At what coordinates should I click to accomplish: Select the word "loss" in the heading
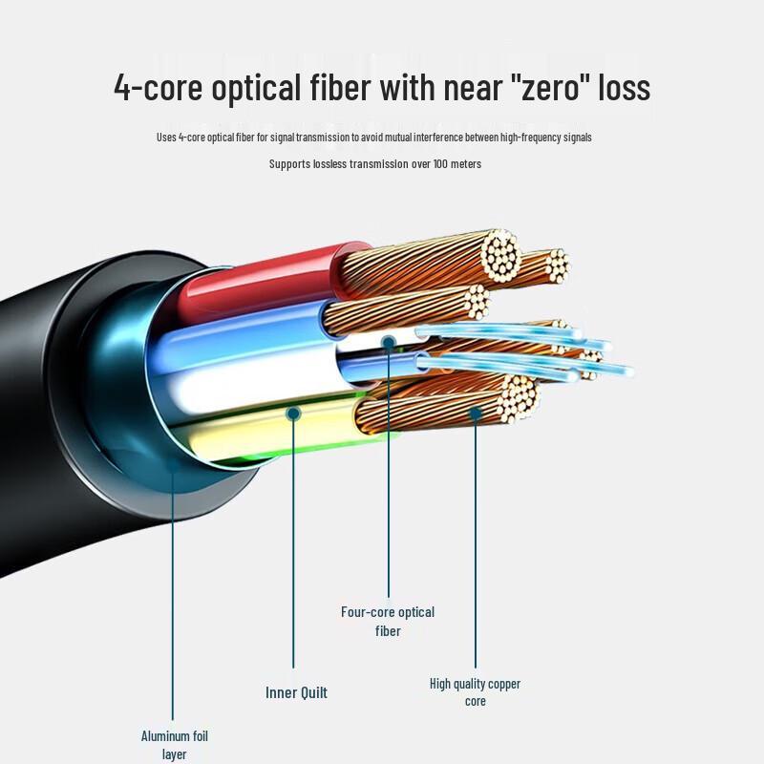coord(624,88)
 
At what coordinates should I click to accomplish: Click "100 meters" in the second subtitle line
coord(456,164)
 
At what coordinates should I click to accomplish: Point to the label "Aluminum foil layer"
coord(174,745)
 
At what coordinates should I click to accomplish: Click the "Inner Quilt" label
coord(296,692)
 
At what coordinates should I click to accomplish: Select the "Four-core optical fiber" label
coord(388,621)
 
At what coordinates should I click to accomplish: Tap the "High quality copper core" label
coord(475,692)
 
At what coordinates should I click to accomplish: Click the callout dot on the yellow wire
coord(294,413)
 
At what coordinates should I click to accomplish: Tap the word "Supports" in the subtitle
coord(289,164)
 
